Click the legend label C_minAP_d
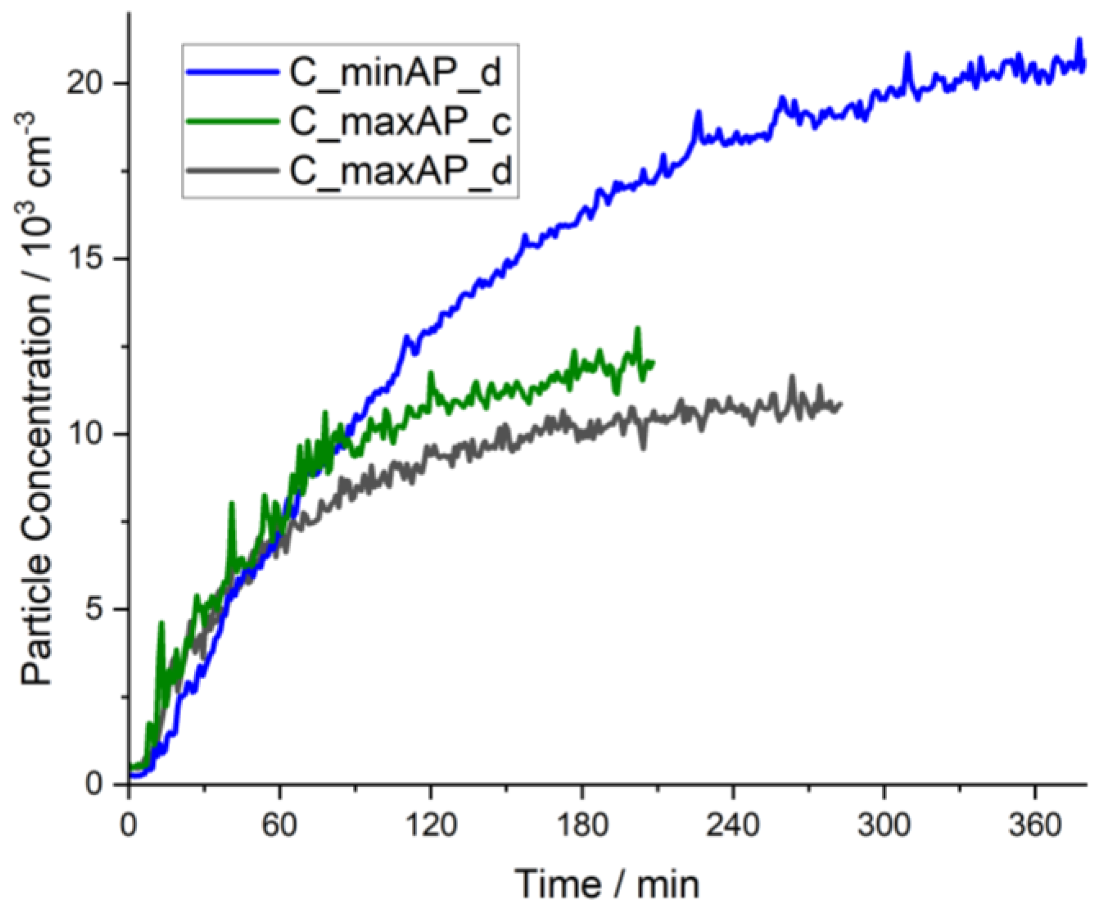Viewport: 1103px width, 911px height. pyautogui.click(x=394, y=73)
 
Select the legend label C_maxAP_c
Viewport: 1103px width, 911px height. pyautogui.click(x=400, y=122)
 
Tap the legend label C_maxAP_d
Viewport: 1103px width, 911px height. pyautogui.click(x=400, y=171)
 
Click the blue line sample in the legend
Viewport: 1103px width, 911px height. pyautogui.click(x=232, y=71)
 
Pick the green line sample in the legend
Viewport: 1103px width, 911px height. pyautogui.click(x=232, y=121)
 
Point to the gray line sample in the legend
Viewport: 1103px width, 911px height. pyautogui.click(x=232, y=170)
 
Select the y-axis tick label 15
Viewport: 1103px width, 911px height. pyautogui.click(x=85, y=259)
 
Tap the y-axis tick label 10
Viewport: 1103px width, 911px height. pyautogui.click(x=85, y=434)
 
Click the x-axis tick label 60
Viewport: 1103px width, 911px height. pyautogui.click(x=279, y=825)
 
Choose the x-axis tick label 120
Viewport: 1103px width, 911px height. pyautogui.click(x=431, y=825)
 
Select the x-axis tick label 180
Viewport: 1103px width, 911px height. pyautogui.click(x=582, y=825)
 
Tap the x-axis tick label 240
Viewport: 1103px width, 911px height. pyautogui.click(x=733, y=825)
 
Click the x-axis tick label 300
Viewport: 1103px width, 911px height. pyautogui.click(x=884, y=825)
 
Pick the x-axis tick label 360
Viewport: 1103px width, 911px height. pyautogui.click(x=1035, y=825)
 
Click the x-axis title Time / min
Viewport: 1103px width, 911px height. pyautogui.click(x=607, y=884)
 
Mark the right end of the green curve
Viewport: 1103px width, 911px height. pyautogui.click(x=653, y=362)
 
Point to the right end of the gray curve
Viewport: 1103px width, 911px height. pyautogui.click(x=840, y=404)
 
